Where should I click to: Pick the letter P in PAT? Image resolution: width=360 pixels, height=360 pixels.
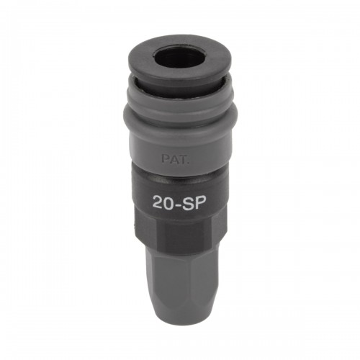coord(165,159)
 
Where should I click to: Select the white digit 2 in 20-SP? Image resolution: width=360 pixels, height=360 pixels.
coord(158,203)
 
